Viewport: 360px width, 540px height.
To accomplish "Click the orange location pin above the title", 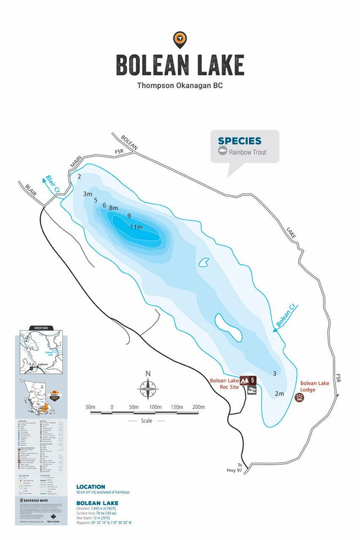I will (180, 39).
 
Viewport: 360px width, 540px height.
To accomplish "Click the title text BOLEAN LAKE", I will (180, 65).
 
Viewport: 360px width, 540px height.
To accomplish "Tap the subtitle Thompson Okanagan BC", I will (180, 86).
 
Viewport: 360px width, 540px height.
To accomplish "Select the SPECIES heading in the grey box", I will (239, 141).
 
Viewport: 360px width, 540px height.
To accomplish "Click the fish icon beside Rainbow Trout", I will (222, 152).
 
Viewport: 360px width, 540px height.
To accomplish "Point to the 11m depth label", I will (137, 227).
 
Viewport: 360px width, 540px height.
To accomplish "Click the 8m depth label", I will (114, 209).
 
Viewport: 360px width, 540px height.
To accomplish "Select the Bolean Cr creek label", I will (286, 316).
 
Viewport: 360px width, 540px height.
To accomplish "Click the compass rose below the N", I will (148, 389).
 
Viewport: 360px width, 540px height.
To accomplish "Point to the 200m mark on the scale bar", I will (198, 407).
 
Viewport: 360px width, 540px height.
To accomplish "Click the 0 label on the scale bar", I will (112, 407).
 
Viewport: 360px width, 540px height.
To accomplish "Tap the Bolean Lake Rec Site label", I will (225, 384).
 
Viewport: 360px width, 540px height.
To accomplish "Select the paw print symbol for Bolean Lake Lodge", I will (299, 398).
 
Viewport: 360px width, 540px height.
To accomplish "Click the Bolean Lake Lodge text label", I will (315, 386).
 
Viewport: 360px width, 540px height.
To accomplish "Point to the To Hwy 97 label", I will (241, 468).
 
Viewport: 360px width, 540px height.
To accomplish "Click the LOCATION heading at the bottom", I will (91, 487).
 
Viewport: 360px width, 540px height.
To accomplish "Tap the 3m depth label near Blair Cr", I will (88, 194).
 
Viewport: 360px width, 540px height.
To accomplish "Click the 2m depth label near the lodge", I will (280, 394).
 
